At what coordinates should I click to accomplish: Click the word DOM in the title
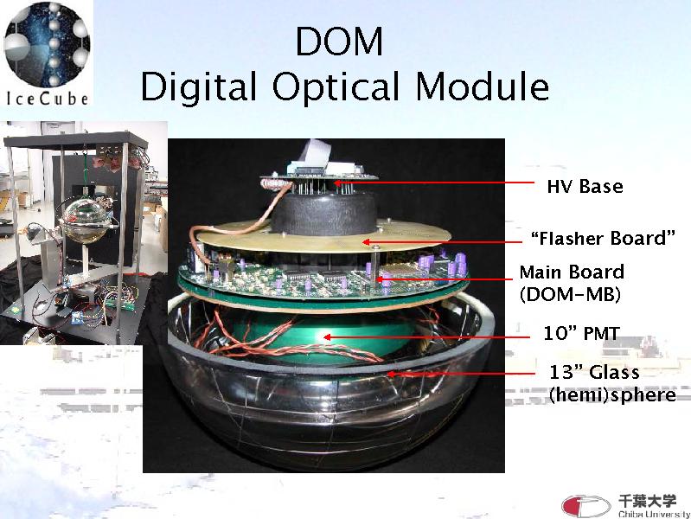(339, 42)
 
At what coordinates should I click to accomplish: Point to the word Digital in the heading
(198, 86)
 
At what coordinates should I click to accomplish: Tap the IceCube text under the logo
(48, 99)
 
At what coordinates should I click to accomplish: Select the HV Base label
(585, 187)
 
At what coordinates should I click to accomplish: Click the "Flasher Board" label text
(603, 238)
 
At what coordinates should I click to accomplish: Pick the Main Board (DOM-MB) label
(572, 283)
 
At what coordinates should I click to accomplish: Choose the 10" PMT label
(581, 333)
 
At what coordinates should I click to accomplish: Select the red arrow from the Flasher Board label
(442, 241)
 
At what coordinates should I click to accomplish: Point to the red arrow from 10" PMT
(426, 337)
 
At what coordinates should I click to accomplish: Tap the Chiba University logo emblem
(585, 506)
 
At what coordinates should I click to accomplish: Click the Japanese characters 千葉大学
(647, 501)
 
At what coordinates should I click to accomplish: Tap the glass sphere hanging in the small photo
(85, 219)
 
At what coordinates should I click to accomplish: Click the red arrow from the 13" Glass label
(461, 374)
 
